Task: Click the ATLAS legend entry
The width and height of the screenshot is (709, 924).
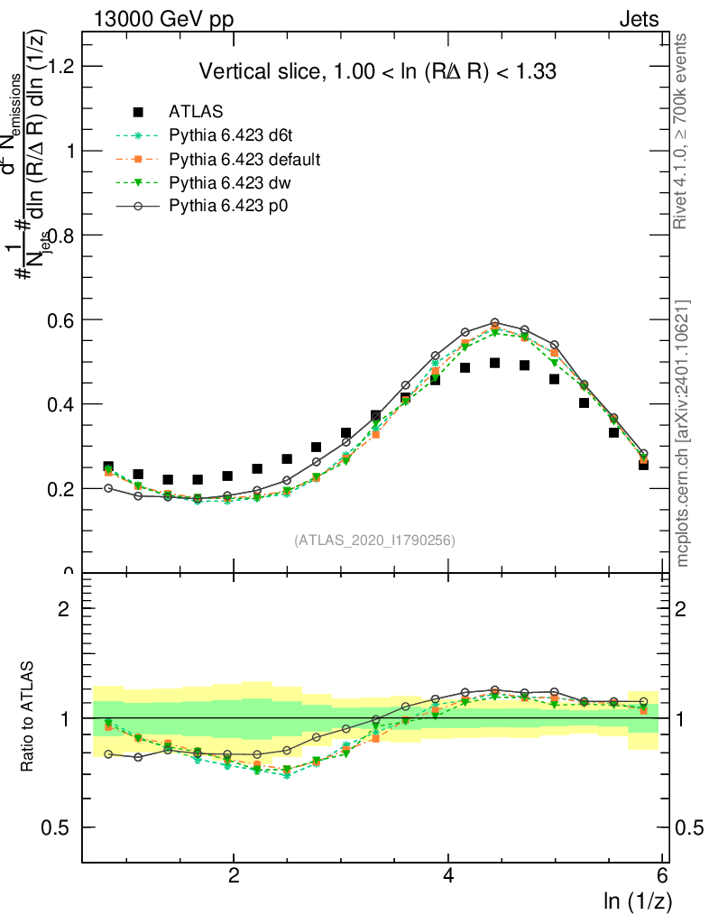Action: [196, 113]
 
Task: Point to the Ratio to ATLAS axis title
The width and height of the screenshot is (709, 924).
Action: [28, 717]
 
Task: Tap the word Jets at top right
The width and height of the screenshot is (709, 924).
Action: [639, 18]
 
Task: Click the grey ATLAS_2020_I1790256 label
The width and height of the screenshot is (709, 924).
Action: [373, 541]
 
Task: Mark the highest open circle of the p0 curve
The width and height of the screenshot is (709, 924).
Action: [494, 322]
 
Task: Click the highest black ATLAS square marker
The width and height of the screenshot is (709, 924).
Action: [494, 363]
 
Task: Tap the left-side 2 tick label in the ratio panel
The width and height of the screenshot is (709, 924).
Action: [64, 608]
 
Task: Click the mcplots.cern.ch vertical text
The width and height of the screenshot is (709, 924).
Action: [684, 433]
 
